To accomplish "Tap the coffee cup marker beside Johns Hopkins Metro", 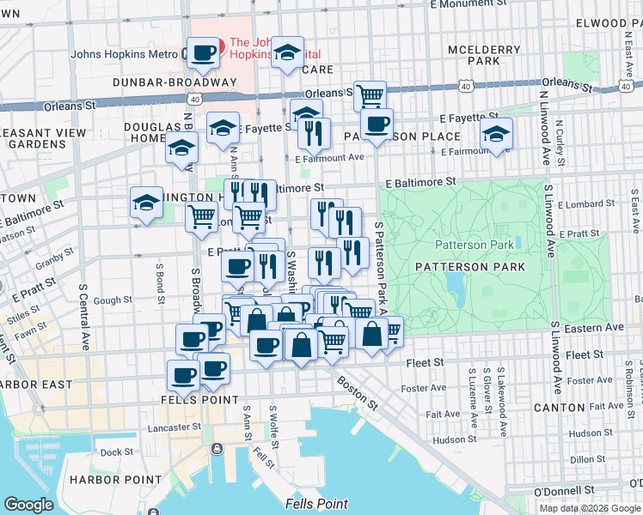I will (x=203, y=54).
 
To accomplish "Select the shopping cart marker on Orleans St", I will (x=370, y=95).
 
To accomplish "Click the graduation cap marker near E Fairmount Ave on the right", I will (x=496, y=134).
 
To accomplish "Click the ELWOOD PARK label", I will (x=602, y=23).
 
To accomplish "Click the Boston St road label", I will (x=355, y=391).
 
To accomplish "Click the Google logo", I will (x=28, y=504).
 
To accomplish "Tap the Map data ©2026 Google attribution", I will (x=589, y=508).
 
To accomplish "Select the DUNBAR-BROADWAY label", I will (x=162, y=82).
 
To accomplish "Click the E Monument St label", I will (x=465, y=4).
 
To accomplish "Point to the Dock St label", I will (x=116, y=451).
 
